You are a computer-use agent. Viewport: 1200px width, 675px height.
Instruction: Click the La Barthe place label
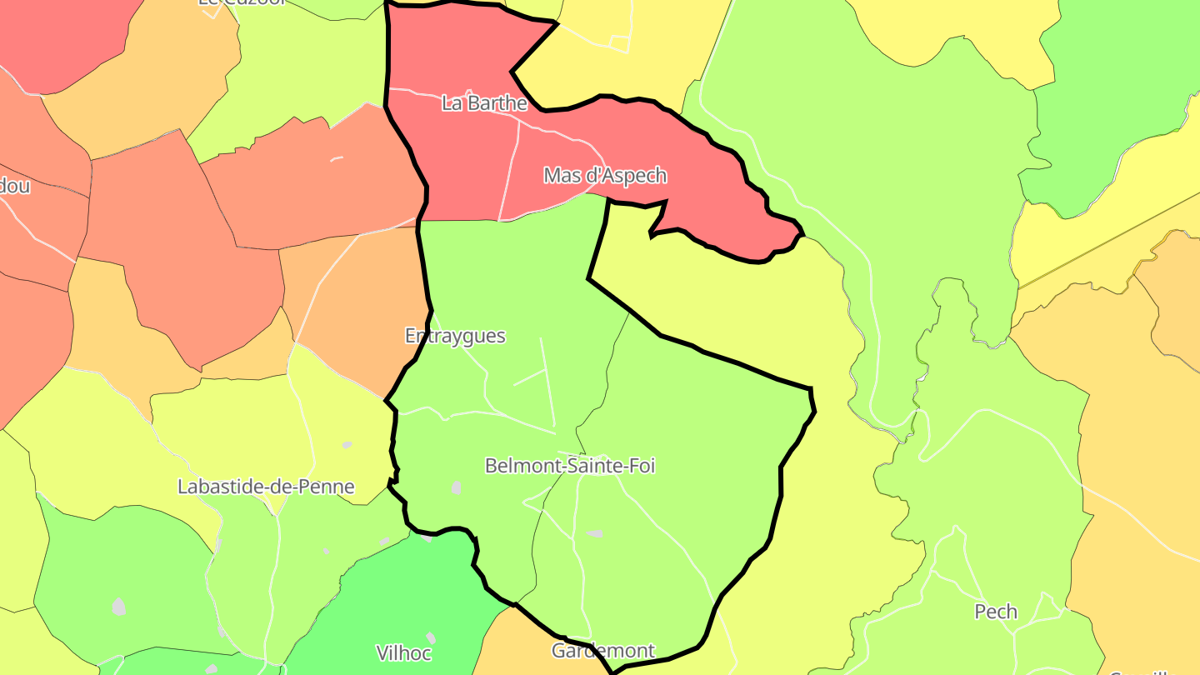[x=484, y=103]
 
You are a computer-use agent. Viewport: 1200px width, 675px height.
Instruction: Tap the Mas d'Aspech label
[x=605, y=176]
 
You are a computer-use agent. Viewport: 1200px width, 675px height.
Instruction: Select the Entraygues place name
[x=455, y=336]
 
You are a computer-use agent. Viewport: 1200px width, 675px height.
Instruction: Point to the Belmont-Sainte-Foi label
[x=570, y=466]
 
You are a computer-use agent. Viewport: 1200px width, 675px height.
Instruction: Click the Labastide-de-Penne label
[x=266, y=487]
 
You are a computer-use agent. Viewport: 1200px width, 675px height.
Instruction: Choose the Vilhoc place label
[x=404, y=652]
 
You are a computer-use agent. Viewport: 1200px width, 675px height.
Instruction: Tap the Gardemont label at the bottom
[x=603, y=651]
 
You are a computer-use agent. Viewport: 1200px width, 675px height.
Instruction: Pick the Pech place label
[x=996, y=612]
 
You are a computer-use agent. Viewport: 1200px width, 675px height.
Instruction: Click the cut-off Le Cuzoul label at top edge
[x=242, y=2]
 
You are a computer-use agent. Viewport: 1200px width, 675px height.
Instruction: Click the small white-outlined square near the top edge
[x=619, y=43]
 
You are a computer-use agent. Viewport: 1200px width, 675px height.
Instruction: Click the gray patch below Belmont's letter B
[x=456, y=487]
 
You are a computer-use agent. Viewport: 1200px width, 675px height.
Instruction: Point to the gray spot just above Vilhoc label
[x=384, y=542]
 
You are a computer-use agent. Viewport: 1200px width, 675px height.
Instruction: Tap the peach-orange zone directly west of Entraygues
[x=358, y=300]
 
